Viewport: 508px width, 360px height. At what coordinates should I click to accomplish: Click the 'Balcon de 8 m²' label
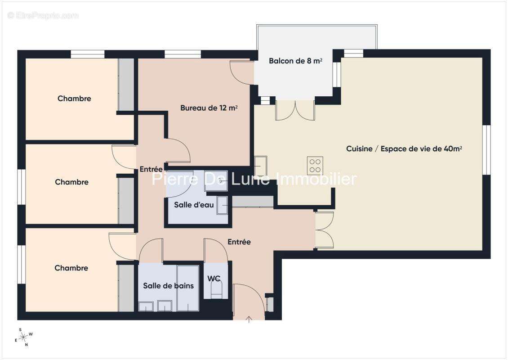[x=295, y=61]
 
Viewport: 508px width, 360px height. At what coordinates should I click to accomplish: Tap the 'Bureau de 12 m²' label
[x=209, y=108]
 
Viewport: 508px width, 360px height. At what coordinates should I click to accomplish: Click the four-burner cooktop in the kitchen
[x=315, y=166]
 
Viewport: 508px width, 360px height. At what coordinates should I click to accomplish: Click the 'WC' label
[x=214, y=278]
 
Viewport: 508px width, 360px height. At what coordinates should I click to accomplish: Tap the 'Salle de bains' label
[x=168, y=286]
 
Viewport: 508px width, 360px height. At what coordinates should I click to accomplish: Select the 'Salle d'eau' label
[x=194, y=205]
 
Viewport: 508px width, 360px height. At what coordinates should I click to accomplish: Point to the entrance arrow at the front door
[x=249, y=320]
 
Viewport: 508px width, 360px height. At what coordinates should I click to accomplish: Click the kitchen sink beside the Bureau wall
[x=261, y=166]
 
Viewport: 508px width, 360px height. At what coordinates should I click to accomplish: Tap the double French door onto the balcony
[x=295, y=110]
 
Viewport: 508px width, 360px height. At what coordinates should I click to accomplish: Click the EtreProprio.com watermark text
[x=43, y=16]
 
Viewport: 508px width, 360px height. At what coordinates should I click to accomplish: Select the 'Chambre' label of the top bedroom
[x=74, y=99]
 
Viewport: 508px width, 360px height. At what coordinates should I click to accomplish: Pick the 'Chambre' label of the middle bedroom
[x=71, y=182]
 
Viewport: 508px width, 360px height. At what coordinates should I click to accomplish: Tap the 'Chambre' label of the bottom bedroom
[x=71, y=268]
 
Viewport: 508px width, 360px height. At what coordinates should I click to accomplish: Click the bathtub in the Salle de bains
[x=188, y=288]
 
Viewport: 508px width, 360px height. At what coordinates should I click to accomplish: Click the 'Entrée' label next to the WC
[x=239, y=242]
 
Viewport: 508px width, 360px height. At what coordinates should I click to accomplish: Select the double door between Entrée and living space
[x=324, y=229]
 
